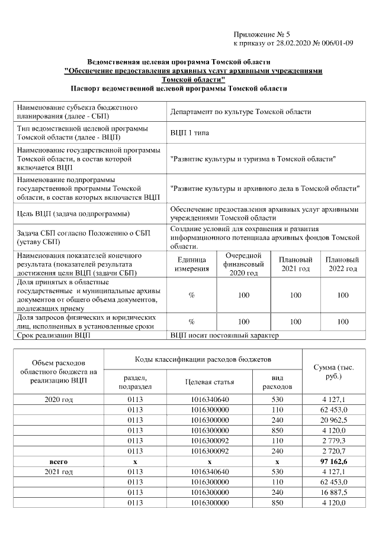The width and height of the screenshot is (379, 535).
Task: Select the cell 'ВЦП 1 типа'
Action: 189,133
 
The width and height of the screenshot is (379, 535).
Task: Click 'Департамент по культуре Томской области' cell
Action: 240,112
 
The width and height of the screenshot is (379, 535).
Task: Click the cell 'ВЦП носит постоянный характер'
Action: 224,336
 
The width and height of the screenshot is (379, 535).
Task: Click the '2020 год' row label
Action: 59,400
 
